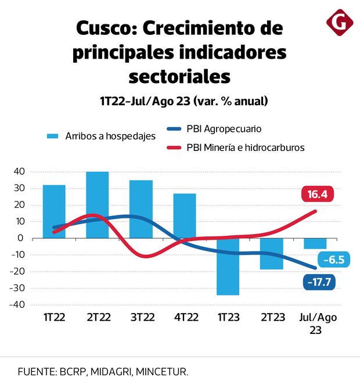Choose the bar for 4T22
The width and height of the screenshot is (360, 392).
point(185,215)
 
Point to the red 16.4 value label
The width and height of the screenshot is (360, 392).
point(317,195)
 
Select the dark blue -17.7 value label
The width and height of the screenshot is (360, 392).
point(319,283)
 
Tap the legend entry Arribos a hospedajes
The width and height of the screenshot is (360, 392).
point(102,136)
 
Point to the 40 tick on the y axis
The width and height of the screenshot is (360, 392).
point(19,171)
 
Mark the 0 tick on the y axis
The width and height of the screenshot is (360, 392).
point(20,238)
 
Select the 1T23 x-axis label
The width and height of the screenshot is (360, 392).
point(228,318)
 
